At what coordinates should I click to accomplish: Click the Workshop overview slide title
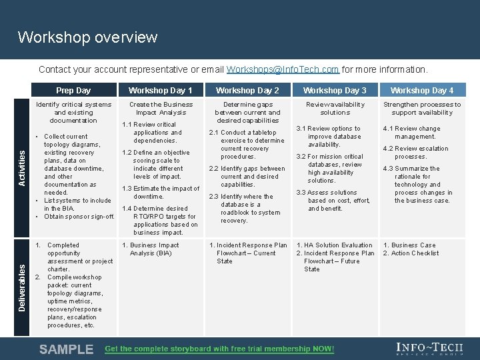coord(87,37)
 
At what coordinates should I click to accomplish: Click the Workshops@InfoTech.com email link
coord(283,69)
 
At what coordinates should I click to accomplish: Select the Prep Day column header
coord(73,91)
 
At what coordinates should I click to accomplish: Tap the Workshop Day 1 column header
coord(160,91)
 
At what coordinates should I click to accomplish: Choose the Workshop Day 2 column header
coord(247,91)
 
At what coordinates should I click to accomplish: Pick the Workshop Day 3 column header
coord(335,91)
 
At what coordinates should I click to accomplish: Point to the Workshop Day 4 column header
coord(422,91)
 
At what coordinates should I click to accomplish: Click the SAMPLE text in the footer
coord(67,349)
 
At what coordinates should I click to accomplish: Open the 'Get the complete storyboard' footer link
coord(219,349)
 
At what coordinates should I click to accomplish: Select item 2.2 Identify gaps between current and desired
coord(247,177)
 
